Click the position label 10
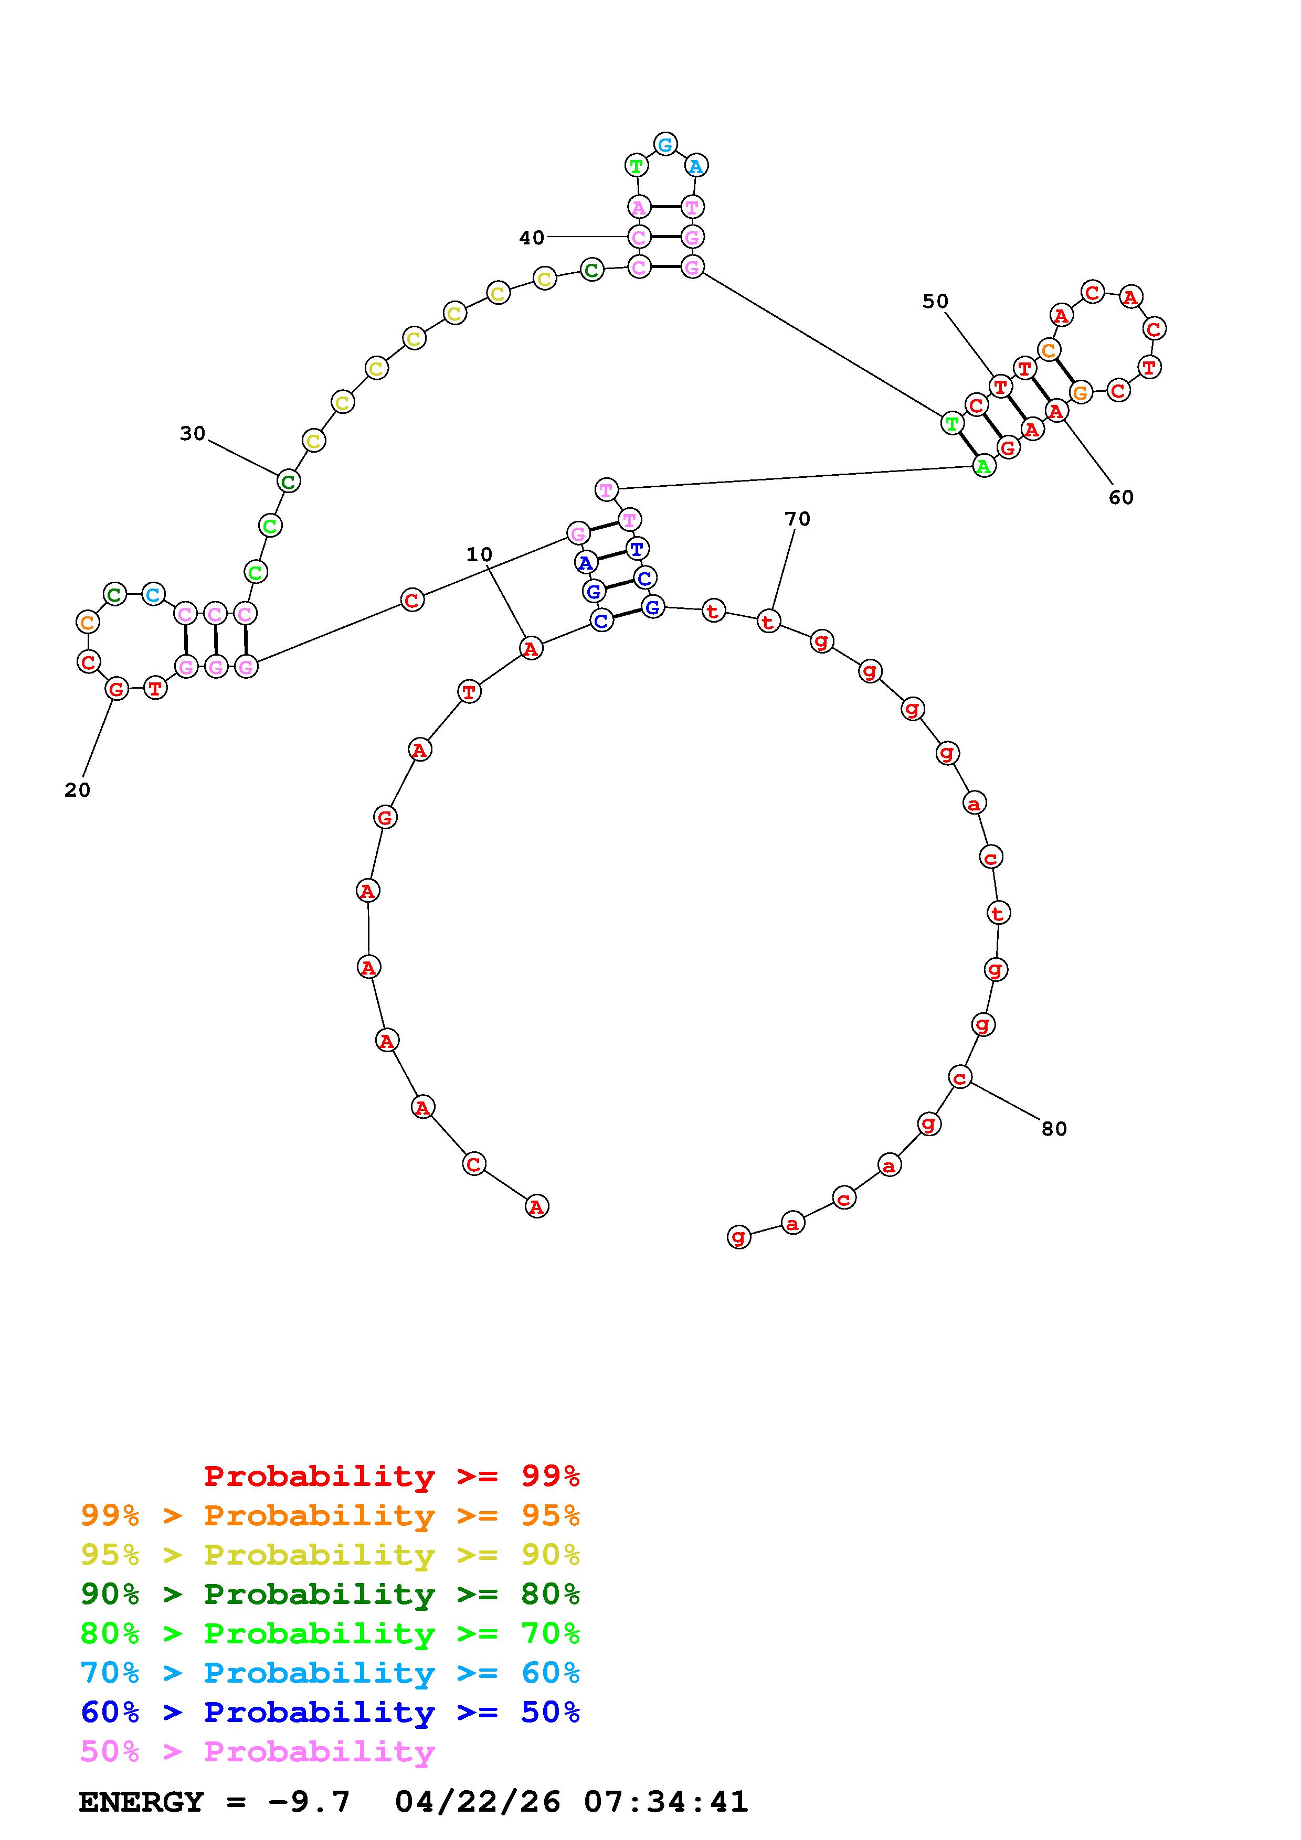(479, 554)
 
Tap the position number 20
(77, 790)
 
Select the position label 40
(532, 238)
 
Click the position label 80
(1054, 1129)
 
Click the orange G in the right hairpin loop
(1081, 393)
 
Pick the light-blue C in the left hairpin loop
(152, 595)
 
